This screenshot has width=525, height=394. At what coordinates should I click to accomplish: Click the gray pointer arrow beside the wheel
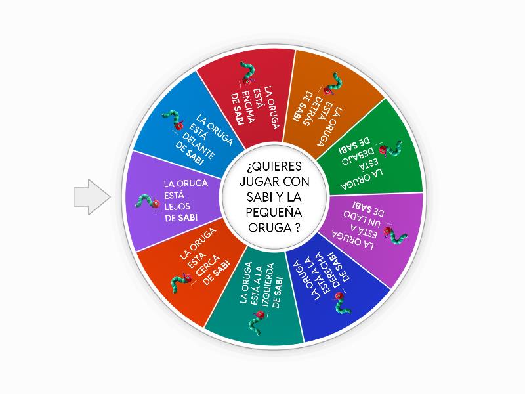(x=92, y=197)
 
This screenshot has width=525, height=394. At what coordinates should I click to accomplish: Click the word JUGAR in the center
(x=259, y=182)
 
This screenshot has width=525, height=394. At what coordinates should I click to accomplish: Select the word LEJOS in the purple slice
(x=177, y=206)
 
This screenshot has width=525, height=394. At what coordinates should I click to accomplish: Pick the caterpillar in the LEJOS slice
(x=148, y=202)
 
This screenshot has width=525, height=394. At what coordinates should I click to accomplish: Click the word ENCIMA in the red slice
(x=248, y=107)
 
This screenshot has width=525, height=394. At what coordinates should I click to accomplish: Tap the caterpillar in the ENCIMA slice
(x=248, y=74)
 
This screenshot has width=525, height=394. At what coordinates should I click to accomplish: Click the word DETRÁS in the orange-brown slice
(x=310, y=108)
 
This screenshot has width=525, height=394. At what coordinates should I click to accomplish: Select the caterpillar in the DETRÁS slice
(x=333, y=84)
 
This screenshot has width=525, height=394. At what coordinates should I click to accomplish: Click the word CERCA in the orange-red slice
(x=207, y=266)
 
